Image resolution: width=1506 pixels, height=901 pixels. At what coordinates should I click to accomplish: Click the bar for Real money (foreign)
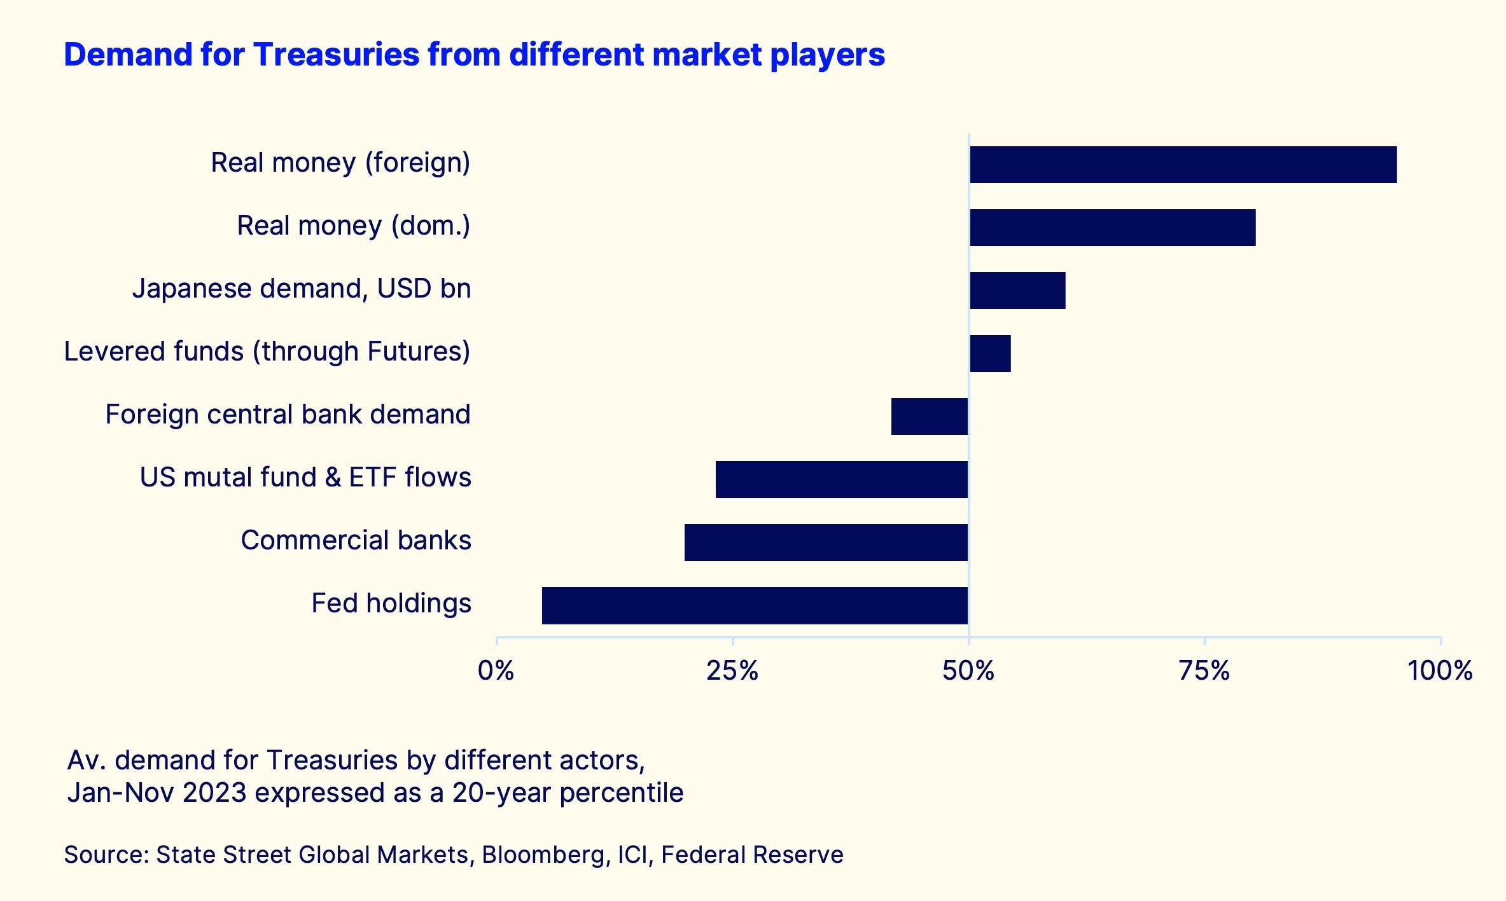[x=1183, y=165]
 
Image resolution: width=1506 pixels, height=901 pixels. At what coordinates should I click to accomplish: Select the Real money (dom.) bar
[x=1112, y=228]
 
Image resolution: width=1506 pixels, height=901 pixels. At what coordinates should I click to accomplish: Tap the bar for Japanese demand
[x=1017, y=291]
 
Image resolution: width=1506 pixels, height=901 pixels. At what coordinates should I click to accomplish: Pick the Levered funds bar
[x=990, y=354]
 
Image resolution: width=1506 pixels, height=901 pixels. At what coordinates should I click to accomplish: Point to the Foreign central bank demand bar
[x=930, y=416]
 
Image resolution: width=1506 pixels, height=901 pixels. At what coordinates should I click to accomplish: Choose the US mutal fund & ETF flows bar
[x=841, y=479]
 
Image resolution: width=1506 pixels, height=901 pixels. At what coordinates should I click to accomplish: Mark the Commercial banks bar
[x=826, y=542]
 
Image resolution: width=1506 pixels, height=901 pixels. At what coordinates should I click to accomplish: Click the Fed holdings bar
[x=755, y=605]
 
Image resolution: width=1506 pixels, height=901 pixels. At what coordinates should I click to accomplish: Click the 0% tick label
[x=496, y=671]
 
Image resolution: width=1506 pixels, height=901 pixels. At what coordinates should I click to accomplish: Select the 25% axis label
[x=732, y=671]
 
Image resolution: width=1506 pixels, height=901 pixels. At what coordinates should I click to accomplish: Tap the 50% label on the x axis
[x=968, y=671]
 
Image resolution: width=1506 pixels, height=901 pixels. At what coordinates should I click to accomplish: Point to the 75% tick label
[x=1204, y=671]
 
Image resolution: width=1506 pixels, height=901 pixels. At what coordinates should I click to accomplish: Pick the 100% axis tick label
[x=1440, y=671]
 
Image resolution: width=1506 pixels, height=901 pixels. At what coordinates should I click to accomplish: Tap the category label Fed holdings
[x=391, y=603]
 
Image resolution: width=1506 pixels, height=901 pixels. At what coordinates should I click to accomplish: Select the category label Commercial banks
[x=356, y=540]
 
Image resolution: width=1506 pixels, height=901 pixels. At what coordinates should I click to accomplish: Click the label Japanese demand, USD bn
[x=302, y=289]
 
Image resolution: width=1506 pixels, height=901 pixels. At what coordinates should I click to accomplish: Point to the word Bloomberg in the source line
[x=543, y=855]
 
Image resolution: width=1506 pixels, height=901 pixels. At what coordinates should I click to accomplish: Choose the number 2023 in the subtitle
[x=214, y=793]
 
